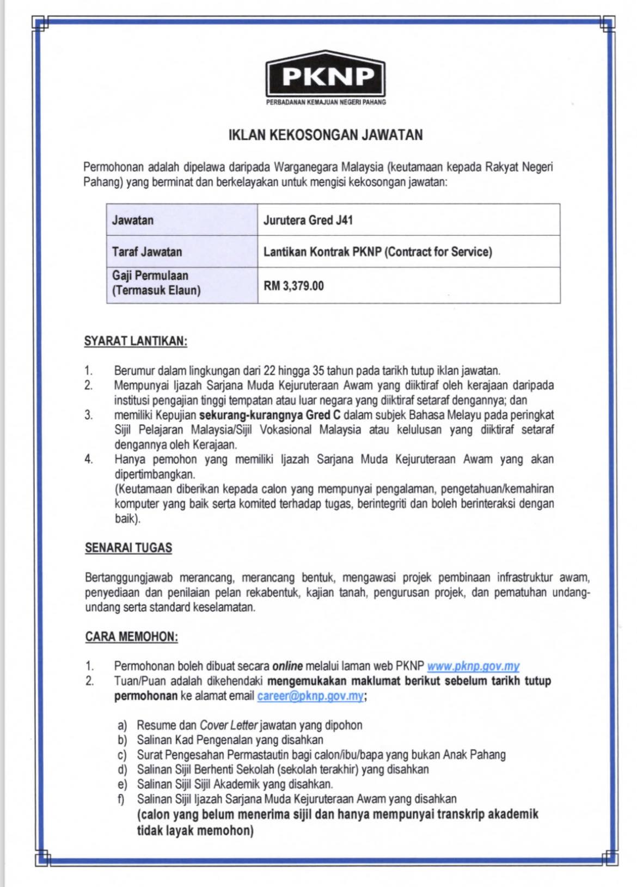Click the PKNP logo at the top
click(325, 75)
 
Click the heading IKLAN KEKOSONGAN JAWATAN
click(325, 134)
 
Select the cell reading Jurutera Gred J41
click(308, 221)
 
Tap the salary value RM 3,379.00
click(293, 285)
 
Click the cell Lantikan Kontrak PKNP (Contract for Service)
click(377, 252)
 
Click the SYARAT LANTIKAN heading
click(136, 341)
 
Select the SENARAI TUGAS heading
click(128, 548)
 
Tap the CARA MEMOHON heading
click(131, 637)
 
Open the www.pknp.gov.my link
click(473, 665)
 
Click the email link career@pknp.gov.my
click(310, 696)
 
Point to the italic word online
click(287, 665)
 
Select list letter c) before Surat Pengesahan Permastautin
click(122, 755)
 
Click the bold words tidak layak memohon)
click(195, 831)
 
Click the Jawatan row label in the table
click(133, 221)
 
